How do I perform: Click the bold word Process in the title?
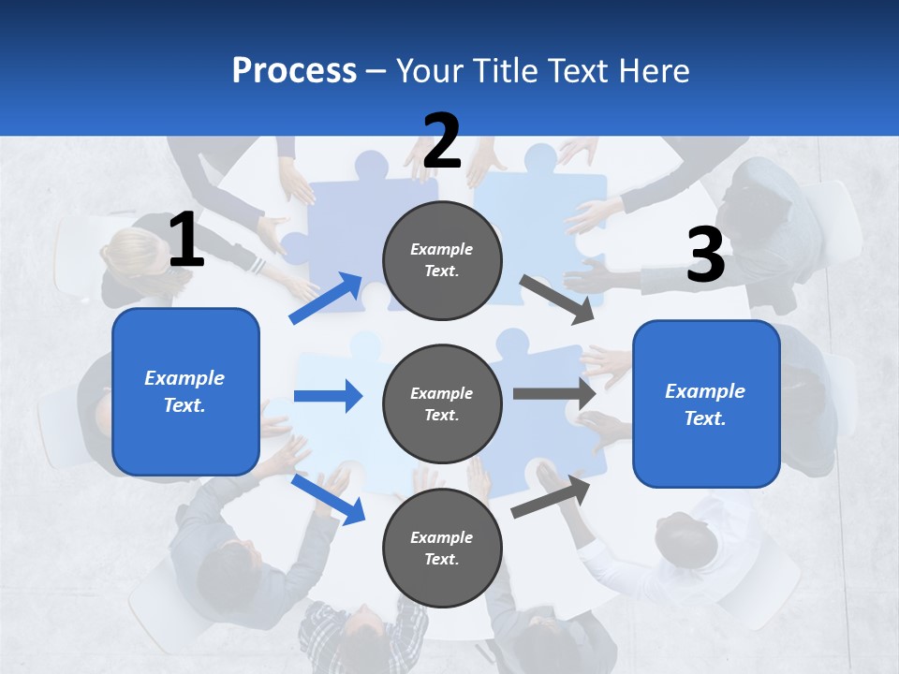click(x=294, y=70)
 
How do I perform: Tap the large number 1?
click(x=186, y=241)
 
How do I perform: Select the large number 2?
click(x=442, y=141)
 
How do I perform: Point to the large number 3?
click(x=705, y=256)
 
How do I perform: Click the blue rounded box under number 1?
click(x=185, y=391)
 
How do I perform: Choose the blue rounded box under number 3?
click(x=706, y=404)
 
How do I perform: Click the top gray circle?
click(x=442, y=260)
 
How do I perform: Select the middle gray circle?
click(x=442, y=403)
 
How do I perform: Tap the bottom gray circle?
click(x=442, y=548)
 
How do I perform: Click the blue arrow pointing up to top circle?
click(x=326, y=299)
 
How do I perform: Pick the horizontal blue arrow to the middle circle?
click(x=328, y=396)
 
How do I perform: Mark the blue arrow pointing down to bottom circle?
click(x=328, y=499)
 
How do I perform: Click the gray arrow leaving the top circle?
click(x=556, y=299)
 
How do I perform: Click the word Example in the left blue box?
click(x=184, y=378)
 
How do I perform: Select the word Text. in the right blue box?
click(x=705, y=418)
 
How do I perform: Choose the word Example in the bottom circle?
click(x=442, y=537)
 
